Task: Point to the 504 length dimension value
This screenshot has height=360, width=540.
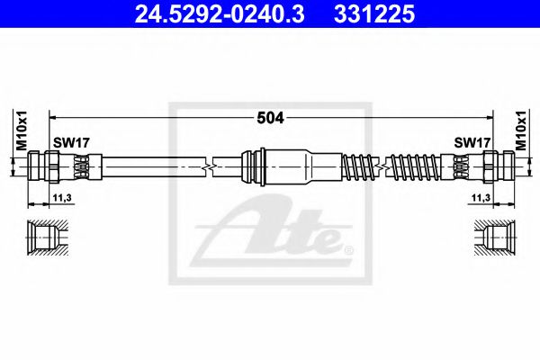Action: [269, 116]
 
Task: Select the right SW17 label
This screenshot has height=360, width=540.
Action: [471, 142]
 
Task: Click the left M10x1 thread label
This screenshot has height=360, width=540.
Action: [21, 126]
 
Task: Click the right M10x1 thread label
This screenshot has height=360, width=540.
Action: [519, 126]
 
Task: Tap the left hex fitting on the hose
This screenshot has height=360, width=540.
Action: [46, 166]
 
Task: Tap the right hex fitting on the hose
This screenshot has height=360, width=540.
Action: [494, 166]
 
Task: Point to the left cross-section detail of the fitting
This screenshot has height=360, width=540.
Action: [46, 238]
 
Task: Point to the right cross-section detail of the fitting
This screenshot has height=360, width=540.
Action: [494, 238]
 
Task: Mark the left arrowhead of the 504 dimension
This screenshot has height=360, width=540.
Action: [51, 116]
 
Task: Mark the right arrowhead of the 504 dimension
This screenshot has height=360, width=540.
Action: [489, 116]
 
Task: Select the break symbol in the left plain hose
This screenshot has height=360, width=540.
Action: [209, 166]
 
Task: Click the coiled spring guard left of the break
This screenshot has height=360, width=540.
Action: [361, 166]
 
